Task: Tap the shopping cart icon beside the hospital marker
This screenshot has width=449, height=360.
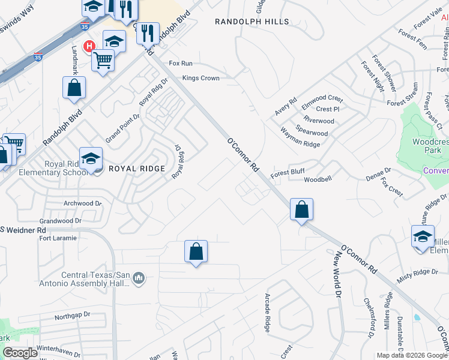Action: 103,60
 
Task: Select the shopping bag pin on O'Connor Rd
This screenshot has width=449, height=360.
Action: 302,211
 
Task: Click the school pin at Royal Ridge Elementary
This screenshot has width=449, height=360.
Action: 91,159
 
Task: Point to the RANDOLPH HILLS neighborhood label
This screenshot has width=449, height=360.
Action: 252,22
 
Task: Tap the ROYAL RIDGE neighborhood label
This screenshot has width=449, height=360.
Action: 136,169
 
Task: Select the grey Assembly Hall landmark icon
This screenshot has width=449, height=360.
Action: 139,278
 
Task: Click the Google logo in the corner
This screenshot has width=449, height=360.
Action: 20,353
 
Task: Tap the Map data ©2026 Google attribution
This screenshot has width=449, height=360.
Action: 411,355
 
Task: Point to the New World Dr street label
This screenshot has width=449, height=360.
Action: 337,276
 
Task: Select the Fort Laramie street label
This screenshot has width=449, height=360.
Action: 58,238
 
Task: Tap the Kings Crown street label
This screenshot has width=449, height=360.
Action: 200,78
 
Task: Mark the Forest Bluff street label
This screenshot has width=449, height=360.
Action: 288,172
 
